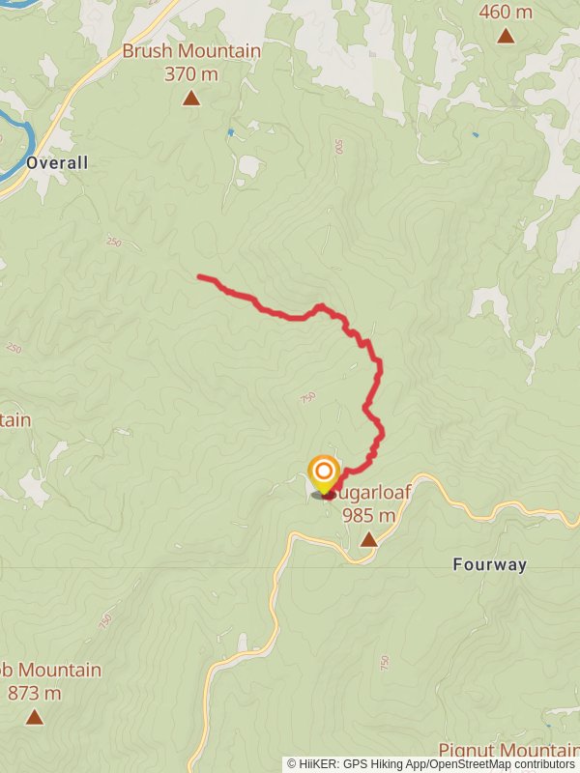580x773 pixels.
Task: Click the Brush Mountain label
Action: [x=191, y=51]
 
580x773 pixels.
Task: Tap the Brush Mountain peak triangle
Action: [x=191, y=98]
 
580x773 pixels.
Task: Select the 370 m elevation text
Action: [x=191, y=72]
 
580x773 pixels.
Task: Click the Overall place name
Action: [x=57, y=162]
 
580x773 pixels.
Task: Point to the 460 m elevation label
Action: [x=505, y=12]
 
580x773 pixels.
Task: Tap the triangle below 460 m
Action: [x=505, y=37]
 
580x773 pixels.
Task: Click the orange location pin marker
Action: [x=323, y=474]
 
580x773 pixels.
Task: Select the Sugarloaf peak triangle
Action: [x=368, y=538]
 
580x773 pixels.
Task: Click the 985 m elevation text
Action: [x=368, y=515]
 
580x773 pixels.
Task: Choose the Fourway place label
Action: [x=490, y=565]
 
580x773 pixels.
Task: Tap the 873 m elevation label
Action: [x=35, y=693]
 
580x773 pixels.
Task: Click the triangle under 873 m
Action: [x=35, y=717]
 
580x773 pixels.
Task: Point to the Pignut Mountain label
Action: [x=508, y=751]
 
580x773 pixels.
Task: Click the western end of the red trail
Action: [x=200, y=277]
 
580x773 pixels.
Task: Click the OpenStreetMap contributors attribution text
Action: [x=499, y=764]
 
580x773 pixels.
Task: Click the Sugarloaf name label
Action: [x=377, y=493]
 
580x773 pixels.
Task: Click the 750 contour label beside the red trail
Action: [x=307, y=398]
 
